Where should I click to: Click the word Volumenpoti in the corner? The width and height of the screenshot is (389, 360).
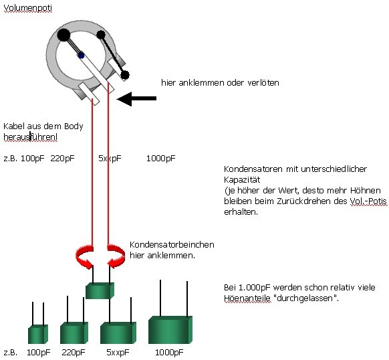coord(28,8)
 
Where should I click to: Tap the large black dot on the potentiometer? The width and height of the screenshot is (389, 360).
coord(63,35)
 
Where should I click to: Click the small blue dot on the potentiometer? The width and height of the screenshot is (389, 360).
coord(81,56)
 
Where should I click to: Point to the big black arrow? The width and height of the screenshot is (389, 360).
coord(136,98)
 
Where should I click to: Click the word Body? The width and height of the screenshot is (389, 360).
coord(74,126)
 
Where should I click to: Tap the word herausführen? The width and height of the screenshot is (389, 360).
coord(30,137)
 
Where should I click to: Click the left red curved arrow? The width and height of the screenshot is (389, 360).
coord(84,257)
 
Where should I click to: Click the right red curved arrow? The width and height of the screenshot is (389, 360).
coord(116,257)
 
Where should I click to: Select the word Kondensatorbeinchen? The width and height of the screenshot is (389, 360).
coord(172,245)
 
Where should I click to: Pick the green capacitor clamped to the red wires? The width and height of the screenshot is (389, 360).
coord(100,290)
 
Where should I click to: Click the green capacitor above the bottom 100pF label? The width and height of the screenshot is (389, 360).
coord(38,334)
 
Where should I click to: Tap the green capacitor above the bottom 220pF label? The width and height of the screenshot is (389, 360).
coord(74,333)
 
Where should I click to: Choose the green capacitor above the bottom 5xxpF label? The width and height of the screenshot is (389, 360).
coord(118,333)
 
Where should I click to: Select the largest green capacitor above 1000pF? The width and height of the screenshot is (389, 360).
coord(170,330)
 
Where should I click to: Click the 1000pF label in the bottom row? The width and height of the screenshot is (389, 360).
coord(169,352)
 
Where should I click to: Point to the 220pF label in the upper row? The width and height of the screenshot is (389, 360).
coord(62,159)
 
